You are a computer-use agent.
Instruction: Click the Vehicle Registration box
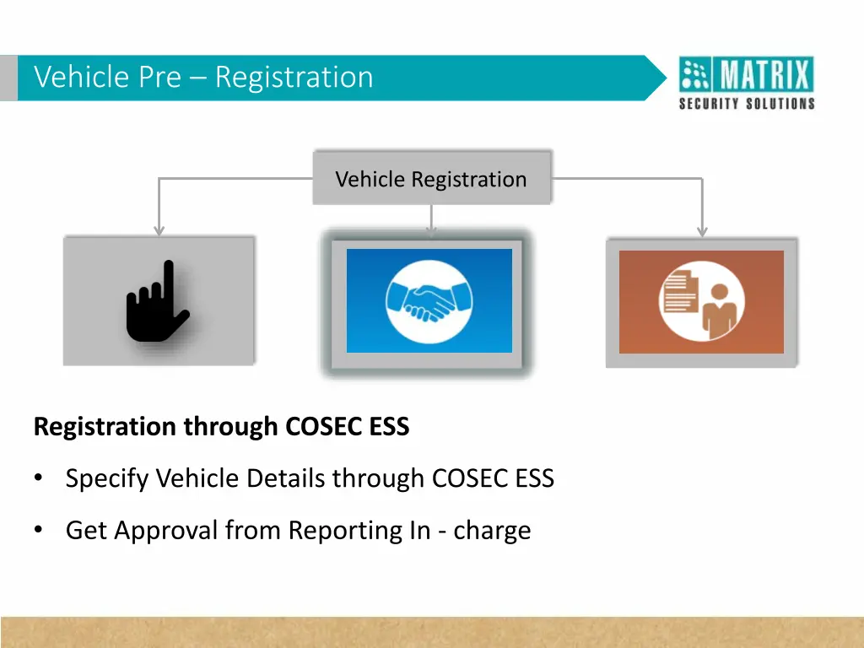click(x=431, y=178)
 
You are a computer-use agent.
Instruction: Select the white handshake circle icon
click(x=429, y=300)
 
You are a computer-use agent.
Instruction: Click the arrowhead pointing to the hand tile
click(x=159, y=230)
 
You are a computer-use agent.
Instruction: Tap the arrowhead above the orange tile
click(x=702, y=230)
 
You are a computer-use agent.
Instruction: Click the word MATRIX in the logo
click(x=765, y=77)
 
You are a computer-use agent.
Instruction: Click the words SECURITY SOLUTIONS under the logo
click(x=747, y=104)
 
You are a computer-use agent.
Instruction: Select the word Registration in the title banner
click(x=294, y=77)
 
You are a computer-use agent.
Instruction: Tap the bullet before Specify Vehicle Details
click(x=39, y=479)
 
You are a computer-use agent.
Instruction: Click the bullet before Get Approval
click(x=39, y=531)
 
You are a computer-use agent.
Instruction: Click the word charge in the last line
click(x=492, y=531)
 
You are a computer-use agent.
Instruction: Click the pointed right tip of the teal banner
click(x=664, y=78)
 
